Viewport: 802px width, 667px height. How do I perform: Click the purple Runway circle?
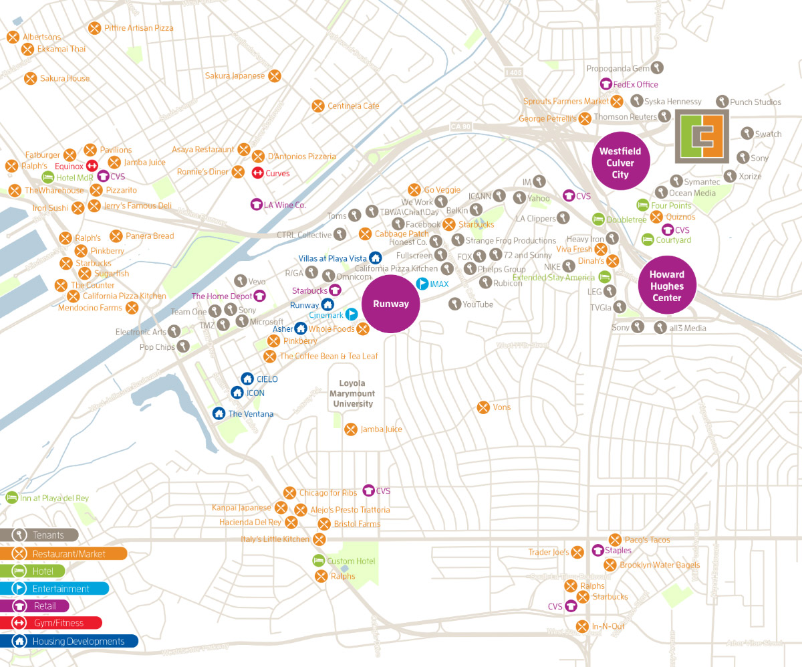click(x=391, y=304)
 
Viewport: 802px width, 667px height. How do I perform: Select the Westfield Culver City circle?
click(x=620, y=163)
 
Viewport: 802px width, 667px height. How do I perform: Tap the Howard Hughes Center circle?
click(x=667, y=285)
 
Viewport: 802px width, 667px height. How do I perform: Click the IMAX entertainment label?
click(x=439, y=284)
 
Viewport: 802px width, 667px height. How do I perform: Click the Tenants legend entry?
click(x=39, y=535)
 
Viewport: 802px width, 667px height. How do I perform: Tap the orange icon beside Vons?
click(x=483, y=407)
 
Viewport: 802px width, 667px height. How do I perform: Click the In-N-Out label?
click(x=608, y=626)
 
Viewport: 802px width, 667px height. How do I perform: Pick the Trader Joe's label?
click(x=548, y=552)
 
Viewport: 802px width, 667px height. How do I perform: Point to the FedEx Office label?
click(x=636, y=84)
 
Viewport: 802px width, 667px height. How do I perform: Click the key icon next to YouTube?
click(x=454, y=304)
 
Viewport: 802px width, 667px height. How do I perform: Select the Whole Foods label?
click(x=331, y=328)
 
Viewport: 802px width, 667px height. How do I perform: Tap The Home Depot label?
click(x=222, y=296)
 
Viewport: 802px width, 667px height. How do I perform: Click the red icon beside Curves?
click(x=257, y=173)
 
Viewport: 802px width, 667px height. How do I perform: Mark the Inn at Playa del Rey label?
click(x=54, y=498)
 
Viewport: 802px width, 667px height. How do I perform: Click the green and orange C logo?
click(x=701, y=137)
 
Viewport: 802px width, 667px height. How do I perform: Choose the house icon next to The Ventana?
click(x=219, y=413)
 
